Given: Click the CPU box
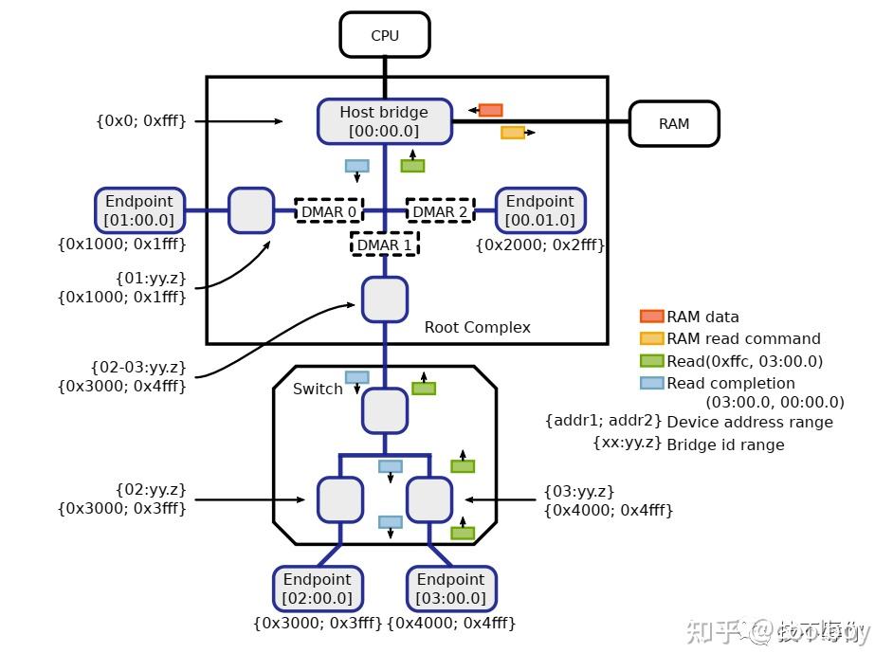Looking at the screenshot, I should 385,35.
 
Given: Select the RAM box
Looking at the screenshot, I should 674,123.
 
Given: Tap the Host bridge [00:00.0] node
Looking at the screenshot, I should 384,121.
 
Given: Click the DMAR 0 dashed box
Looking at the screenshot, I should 328,211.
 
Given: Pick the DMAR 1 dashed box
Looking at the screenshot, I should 384,245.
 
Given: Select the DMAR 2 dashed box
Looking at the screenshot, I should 440,211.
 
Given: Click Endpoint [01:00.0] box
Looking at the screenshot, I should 139,210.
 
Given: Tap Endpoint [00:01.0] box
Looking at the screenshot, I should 539,210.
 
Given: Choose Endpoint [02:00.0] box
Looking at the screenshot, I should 317,589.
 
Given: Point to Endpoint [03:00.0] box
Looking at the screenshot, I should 450,589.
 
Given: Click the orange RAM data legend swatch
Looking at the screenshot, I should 651,317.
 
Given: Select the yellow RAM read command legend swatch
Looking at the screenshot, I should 651,338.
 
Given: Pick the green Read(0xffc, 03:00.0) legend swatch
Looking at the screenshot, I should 651,361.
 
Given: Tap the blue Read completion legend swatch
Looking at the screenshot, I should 651,383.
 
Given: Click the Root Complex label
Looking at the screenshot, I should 477,327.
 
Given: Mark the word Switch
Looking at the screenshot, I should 318,390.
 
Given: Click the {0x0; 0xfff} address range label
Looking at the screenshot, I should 140,121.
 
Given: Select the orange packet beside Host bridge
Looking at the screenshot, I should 490,110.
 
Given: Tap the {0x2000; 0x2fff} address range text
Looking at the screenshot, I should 539,245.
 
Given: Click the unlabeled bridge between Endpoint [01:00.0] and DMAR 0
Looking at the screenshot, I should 251,210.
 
